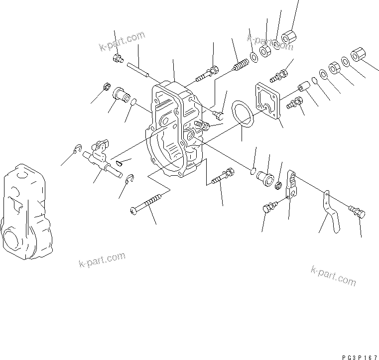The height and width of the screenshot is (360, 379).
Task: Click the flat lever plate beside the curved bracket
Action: point(293,185)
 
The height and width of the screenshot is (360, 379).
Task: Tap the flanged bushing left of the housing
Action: point(121,94)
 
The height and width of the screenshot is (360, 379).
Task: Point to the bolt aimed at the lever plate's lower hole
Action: point(268,208)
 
